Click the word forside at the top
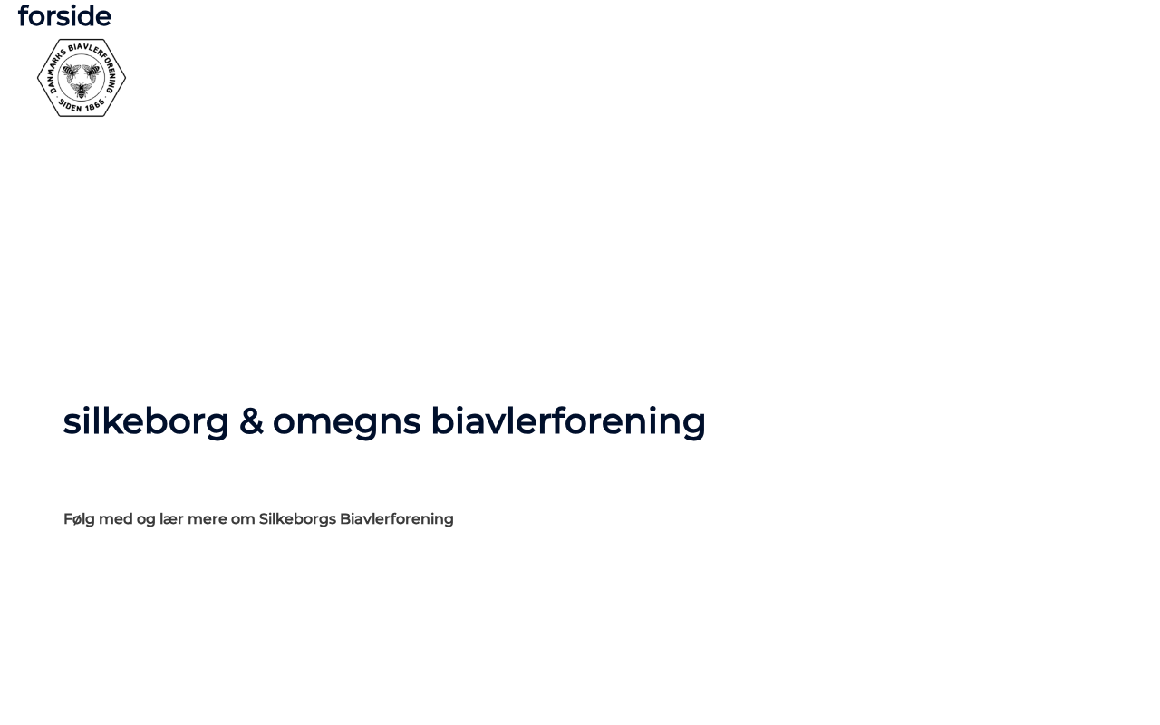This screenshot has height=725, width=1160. tap(64, 16)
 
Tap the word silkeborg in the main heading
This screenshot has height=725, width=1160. tap(146, 421)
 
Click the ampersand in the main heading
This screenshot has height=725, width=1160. tap(251, 421)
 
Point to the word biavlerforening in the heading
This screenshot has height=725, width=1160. tap(568, 421)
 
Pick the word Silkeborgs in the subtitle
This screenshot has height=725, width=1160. tap(298, 519)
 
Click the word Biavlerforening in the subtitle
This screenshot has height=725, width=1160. tap(397, 519)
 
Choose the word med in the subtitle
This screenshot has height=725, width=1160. tap(115, 518)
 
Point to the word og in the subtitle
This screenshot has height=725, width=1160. tap(146, 520)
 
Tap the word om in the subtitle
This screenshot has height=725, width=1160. tap(243, 520)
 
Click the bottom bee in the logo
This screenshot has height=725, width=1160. tap(82, 90)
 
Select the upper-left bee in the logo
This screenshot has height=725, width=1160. tap(71, 72)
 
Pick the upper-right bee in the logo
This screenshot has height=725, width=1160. tap(92, 72)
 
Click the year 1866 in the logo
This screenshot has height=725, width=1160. tap(95, 105)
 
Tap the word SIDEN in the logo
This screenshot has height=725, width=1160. tap(70, 106)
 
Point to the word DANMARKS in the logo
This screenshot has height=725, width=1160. tap(55, 71)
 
